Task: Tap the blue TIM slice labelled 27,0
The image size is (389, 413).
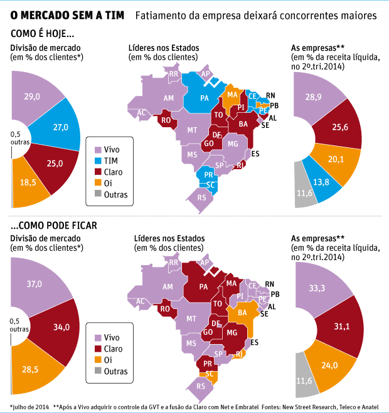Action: [61, 127]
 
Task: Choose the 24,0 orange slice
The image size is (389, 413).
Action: [329, 365]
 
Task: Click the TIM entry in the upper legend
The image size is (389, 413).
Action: [110, 161]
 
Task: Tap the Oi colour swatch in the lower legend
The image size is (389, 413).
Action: [97, 360]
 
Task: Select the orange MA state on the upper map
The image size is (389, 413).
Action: [232, 95]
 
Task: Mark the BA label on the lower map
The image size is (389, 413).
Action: [242, 311]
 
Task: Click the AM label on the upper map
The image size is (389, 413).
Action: [168, 98]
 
